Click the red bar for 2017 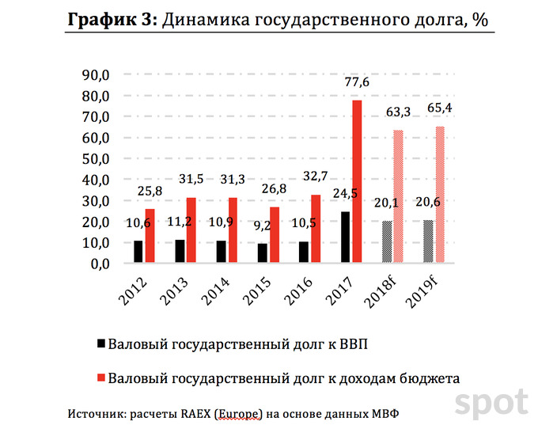pos(357,181)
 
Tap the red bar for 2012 pos(149,235)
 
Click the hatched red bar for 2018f pos(398,196)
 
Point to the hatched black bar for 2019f pos(429,241)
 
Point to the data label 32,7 pos(315,177)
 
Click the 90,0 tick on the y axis pos(103,75)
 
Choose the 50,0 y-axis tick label pos(103,159)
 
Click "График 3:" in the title pos(112,20)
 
